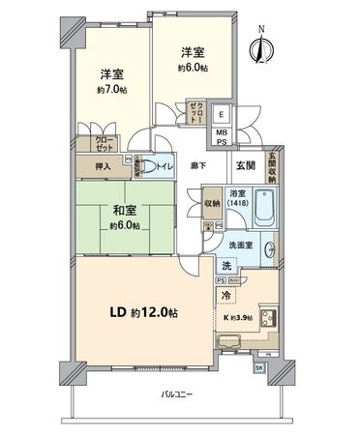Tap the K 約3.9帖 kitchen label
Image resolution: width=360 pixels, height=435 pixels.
pos(239,318)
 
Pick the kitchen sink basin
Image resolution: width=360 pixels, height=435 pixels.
pos(231,340)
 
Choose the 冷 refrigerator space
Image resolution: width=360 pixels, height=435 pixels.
pos(225,296)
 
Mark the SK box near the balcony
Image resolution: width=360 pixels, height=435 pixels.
pos(258,368)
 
